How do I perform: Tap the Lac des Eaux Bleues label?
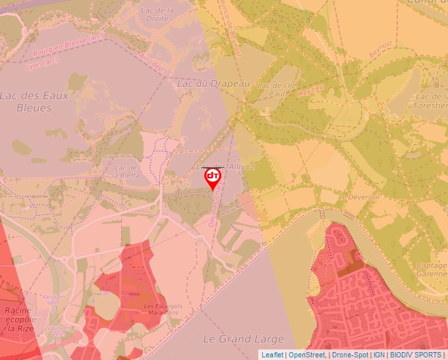(34, 101)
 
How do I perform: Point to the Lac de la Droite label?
(156, 14)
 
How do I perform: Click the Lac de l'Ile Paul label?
(277, 90)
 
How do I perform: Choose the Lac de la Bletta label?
(125, 172)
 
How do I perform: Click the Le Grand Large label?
(235, 339)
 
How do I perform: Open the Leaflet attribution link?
(272, 355)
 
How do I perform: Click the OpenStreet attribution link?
(306, 355)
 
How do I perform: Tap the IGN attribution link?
(379, 355)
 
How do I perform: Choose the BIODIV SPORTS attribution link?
(416, 355)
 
